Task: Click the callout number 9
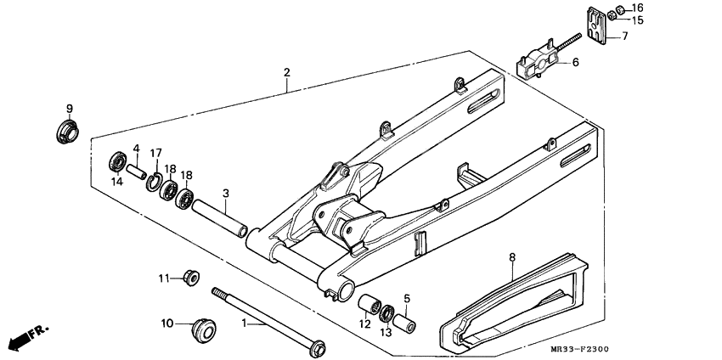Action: coord(70,109)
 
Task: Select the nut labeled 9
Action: coord(65,132)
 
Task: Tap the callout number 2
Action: coord(287,72)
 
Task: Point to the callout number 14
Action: coord(116,181)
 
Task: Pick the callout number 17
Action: coord(156,153)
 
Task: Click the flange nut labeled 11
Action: coord(190,278)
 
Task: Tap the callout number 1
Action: coord(245,323)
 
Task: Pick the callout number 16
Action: coord(638,8)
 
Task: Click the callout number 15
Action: coord(638,20)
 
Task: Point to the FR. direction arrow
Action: coord(25,337)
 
